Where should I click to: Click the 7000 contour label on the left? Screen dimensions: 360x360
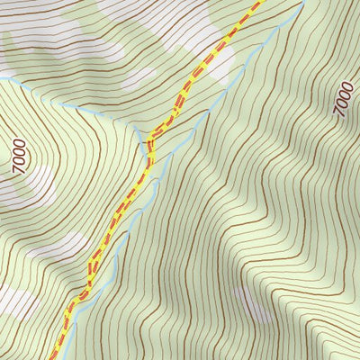pyautogui.click(x=20, y=156)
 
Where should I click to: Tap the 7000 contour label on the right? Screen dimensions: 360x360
pyautogui.click(x=343, y=98)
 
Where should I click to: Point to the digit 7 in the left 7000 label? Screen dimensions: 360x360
pyautogui.click(x=20, y=169)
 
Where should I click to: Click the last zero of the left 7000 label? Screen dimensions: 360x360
pyautogui.click(x=20, y=142)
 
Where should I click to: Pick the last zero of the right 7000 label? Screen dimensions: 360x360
pyautogui.click(x=343, y=85)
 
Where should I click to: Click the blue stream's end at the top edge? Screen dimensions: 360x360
pyautogui.click(x=302, y=3)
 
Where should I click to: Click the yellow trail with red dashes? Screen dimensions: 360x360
pyautogui.click(x=117, y=216)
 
